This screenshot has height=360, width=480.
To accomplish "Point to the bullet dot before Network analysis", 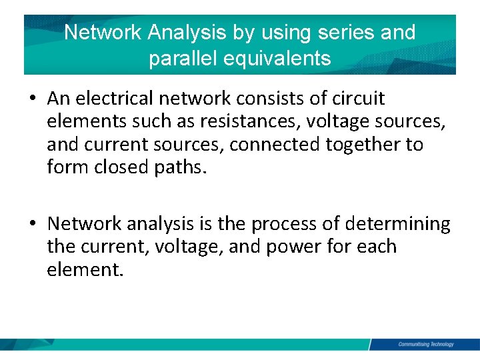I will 33,225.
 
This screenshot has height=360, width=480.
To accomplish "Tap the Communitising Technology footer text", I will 425,344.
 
